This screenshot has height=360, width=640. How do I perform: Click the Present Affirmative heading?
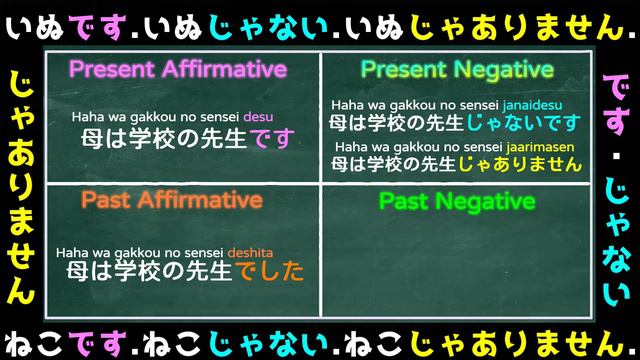[177, 70]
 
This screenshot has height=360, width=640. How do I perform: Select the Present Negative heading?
[456, 70]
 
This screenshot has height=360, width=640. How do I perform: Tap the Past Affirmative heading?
[172, 201]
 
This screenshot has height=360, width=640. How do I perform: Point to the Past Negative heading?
[456, 202]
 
